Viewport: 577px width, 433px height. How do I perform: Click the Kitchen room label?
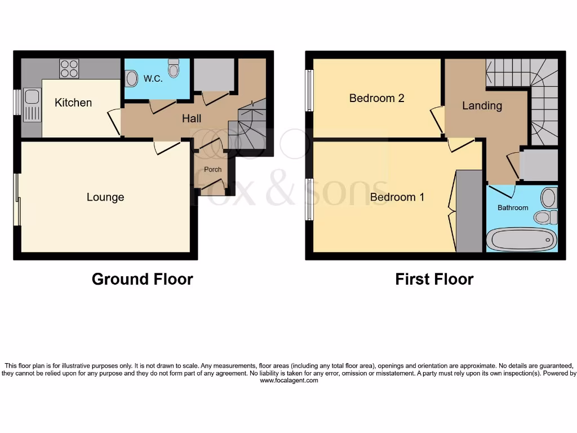pos(73,103)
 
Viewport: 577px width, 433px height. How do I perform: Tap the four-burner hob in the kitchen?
pos(69,69)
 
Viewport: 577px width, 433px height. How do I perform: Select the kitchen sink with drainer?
pos(32,105)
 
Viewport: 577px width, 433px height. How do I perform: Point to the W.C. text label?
pos(153,79)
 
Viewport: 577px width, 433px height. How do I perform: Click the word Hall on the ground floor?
pos(192,118)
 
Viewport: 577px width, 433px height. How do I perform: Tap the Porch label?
pos(212,169)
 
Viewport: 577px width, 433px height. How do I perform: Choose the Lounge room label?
pos(105,197)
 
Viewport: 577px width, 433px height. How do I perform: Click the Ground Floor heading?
pos(142,279)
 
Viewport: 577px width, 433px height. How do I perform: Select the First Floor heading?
pos(434,279)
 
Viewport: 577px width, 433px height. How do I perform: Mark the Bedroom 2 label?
pos(376,98)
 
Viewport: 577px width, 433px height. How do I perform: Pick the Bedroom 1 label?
pos(397,197)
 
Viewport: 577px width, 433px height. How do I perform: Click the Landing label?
pos(482,105)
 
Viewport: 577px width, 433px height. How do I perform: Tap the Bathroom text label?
pos(513,207)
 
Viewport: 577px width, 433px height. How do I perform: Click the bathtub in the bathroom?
pos(521,240)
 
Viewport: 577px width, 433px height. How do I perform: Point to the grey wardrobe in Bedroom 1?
pos(469,211)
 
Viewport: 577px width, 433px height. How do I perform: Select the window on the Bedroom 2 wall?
pos(309,90)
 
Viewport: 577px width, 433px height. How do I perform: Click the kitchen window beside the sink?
pos(17,103)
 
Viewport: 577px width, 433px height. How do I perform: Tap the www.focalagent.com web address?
pos(288,381)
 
